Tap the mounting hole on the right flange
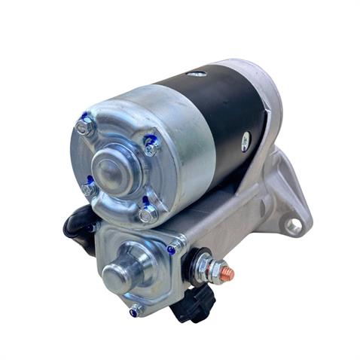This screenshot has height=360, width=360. click(294, 224)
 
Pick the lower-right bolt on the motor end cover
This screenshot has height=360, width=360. click(146, 215)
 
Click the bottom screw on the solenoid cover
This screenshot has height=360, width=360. click(136, 309)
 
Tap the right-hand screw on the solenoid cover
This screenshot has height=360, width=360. click(173, 249)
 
